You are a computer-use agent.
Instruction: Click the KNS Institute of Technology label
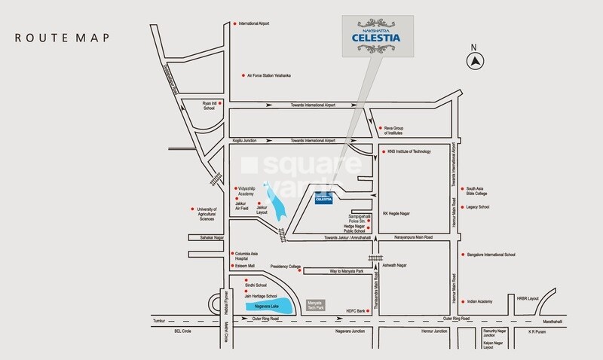click(409, 151)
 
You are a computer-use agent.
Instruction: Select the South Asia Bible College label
click(482, 192)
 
